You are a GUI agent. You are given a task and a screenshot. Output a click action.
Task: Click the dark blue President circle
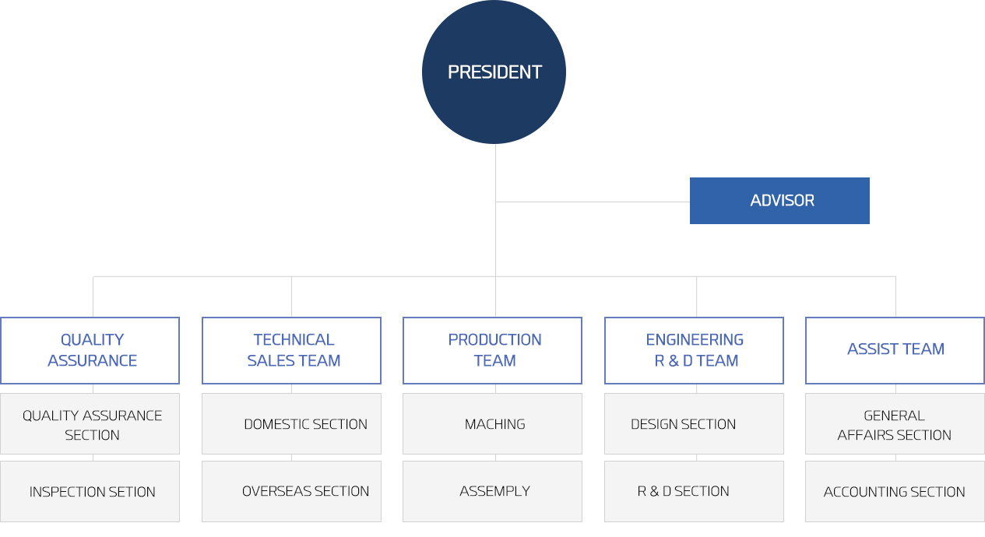[x=494, y=72]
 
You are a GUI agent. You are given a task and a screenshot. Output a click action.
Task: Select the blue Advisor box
[x=779, y=201]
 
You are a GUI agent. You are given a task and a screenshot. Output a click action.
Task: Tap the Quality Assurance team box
[x=90, y=350]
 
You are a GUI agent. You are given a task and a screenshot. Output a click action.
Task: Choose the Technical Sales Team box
[x=291, y=350]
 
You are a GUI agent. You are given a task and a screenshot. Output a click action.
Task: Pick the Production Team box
[x=492, y=350]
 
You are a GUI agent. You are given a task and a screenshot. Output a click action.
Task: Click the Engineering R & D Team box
[x=694, y=350]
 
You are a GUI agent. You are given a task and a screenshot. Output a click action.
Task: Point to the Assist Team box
[x=895, y=350]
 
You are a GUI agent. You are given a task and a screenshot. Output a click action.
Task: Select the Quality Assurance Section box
[x=90, y=423]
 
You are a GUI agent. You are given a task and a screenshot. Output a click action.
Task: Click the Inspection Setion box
[x=90, y=491]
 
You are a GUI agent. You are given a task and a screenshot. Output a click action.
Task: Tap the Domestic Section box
[x=291, y=423]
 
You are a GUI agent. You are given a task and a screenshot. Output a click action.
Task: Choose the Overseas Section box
[x=291, y=491]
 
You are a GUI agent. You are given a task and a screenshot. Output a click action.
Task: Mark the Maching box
[x=492, y=423]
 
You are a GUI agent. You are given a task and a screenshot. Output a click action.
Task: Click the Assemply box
[x=492, y=491]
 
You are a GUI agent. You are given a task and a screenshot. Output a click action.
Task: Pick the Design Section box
[x=694, y=423]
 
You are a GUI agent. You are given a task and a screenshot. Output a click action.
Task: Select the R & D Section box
[x=694, y=491]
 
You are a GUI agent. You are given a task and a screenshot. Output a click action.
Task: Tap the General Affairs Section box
[x=895, y=423]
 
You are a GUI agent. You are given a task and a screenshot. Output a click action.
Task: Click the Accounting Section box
[x=895, y=491]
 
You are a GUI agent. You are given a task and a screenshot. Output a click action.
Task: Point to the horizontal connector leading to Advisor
[x=593, y=202]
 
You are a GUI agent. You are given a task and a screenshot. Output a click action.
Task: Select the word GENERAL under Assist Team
[x=894, y=416]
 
